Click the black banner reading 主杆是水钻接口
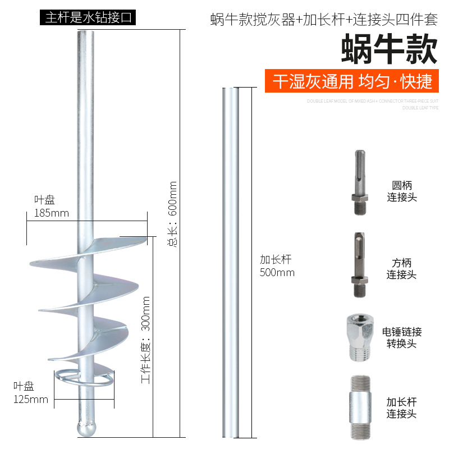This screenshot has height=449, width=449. click(88, 17)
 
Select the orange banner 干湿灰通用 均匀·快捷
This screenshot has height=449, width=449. click(352, 81)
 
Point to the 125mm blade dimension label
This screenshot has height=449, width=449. click(31, 393)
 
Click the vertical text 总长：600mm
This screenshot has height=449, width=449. click(172, 214)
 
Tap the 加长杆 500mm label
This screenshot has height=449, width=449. click(277, 266)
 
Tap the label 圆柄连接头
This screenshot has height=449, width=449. click(402, 191)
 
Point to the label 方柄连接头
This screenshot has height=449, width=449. click(402, 268)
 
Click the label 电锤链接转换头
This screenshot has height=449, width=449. click(402, 337)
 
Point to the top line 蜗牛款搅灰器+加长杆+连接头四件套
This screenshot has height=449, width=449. click(323, 20)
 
